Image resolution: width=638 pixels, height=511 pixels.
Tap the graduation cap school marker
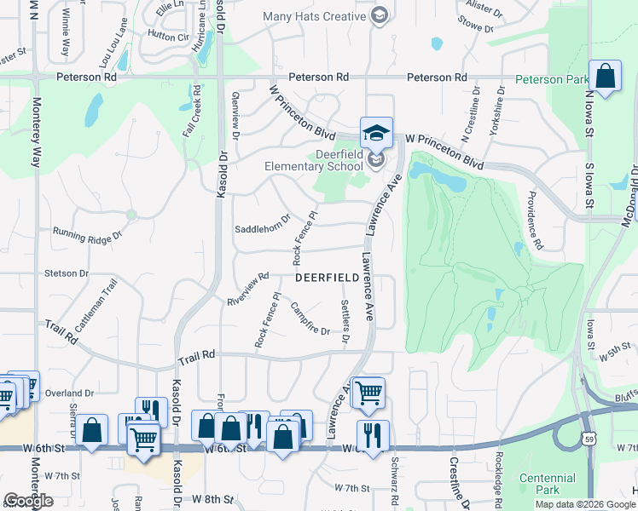[x=375, y=133]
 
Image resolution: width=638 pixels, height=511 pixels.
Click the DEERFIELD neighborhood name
[x=333, y=278]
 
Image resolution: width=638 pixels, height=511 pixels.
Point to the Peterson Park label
[x=551, y=81]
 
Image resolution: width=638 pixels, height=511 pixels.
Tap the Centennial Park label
[x=548, y=484]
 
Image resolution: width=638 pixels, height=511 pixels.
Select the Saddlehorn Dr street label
[x=263, y=229]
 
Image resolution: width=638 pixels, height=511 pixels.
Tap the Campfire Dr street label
[x=310, y=318]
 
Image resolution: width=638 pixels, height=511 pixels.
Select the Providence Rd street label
[x=534, y=220]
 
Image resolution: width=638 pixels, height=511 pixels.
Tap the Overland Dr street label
[x=70, y=393]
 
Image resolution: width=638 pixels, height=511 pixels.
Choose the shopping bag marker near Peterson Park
[x=605, y=77]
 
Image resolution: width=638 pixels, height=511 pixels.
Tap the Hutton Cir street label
[x=167, y=36]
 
